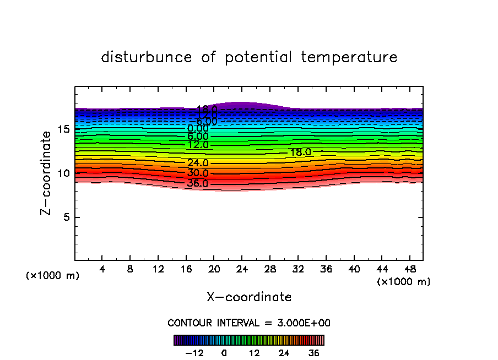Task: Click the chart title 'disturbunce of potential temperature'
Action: pyautogui.click(x=249, y=57)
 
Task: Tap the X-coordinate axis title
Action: pyautogui.click(x=249, y=297)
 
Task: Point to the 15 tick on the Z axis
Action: pyautogui.click(x=63, y=129)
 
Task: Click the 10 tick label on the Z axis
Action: pyautogui.click(x=63, y=173)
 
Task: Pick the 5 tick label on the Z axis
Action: pyautogui.click(x=66, y=217)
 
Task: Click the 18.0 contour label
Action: pyautogui.click(x=301, y=152)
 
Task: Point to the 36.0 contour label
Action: pyautogui.click(x=197, y=183)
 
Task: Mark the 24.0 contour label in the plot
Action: pyautogui.click(x=197, y=163)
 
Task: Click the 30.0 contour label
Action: pyautogui.click(x=197, y=173)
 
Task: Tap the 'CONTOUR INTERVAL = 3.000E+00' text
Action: pyautogui.click(x=249, y=323)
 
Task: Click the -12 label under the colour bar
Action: pyautogui.click(x=194, y=353)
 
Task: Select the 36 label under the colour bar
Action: pyautogui.click(x=314, y=353)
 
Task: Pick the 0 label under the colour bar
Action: pyautogui.click(x=224, y=353)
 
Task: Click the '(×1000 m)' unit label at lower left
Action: pyautogui.click(x=53, y=276)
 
